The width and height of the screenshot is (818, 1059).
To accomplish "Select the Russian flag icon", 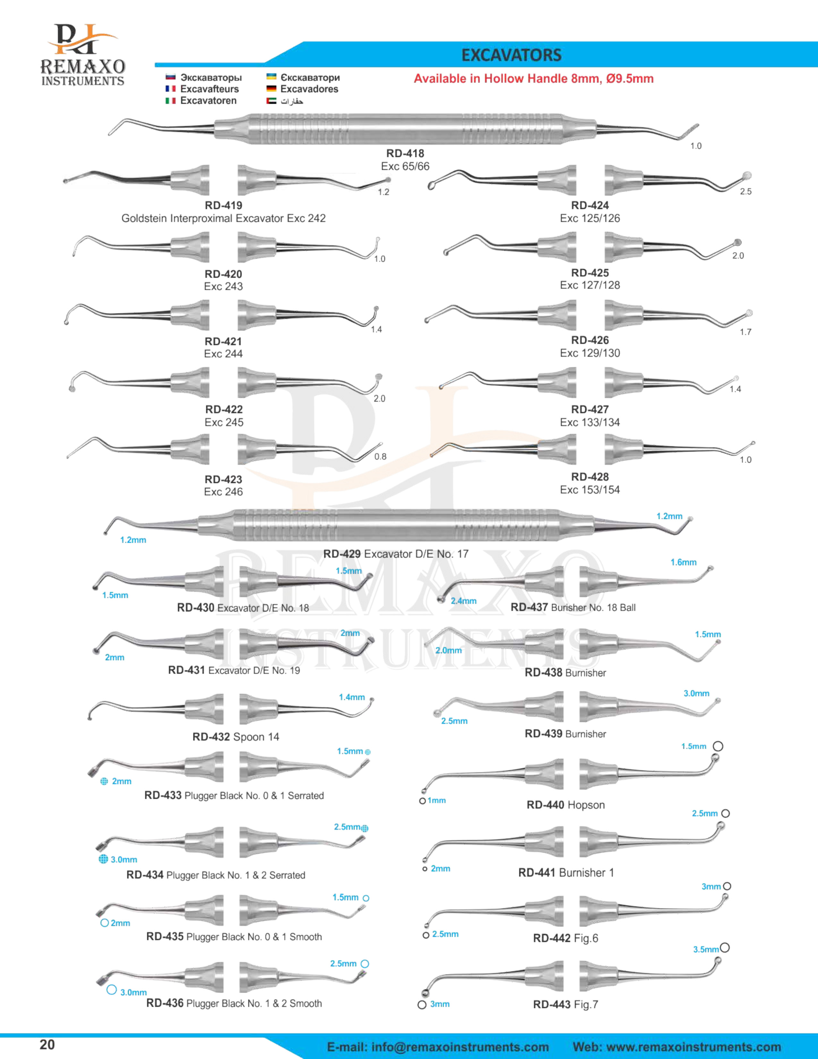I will pyautogui.click(x=170, y=77).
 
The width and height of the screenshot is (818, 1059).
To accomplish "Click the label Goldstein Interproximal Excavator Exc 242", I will pyautogui.click(x=223, y=218).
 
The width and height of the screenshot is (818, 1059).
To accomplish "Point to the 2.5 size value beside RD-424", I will pyautogui.click(x=745, y=192).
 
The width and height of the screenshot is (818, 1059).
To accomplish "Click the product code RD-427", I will pyautogui.click(x=589, y=409).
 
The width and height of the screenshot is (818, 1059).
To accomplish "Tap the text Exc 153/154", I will pyautogui.click(x=589, y=490).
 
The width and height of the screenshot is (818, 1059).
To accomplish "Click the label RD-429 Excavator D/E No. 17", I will pyautogui.click(x=396, y=554).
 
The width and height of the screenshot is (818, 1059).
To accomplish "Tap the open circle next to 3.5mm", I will pyautogui.click(x=724, y=947).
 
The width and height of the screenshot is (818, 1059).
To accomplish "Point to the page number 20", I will pyautogui.click(x=47, y=1045).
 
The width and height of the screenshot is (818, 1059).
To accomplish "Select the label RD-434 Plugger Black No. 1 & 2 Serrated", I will pyautogui.click(x=216, y=875).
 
